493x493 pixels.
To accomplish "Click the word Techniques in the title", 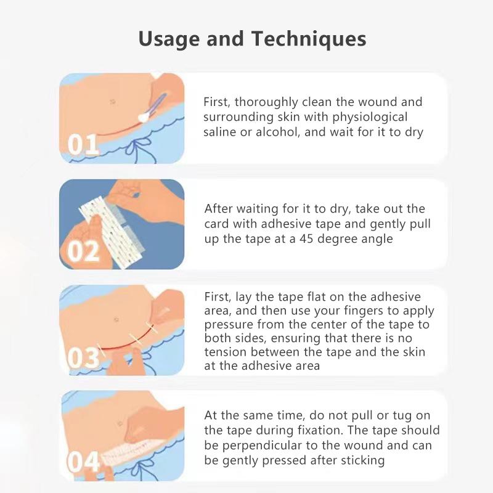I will pyautogui.click(x=308, y=38).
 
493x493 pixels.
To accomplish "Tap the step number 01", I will pyautogui.click(x=83, y=145).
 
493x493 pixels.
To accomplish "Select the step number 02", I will pyautogui.click(x=83, y=251).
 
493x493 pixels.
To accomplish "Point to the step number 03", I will pyautogui.click(x=83, y=358).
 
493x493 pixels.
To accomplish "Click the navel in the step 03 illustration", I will pyautogui.click(x=116, y=319).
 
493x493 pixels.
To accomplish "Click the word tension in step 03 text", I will pyautogui.click(x=226, y=352).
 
